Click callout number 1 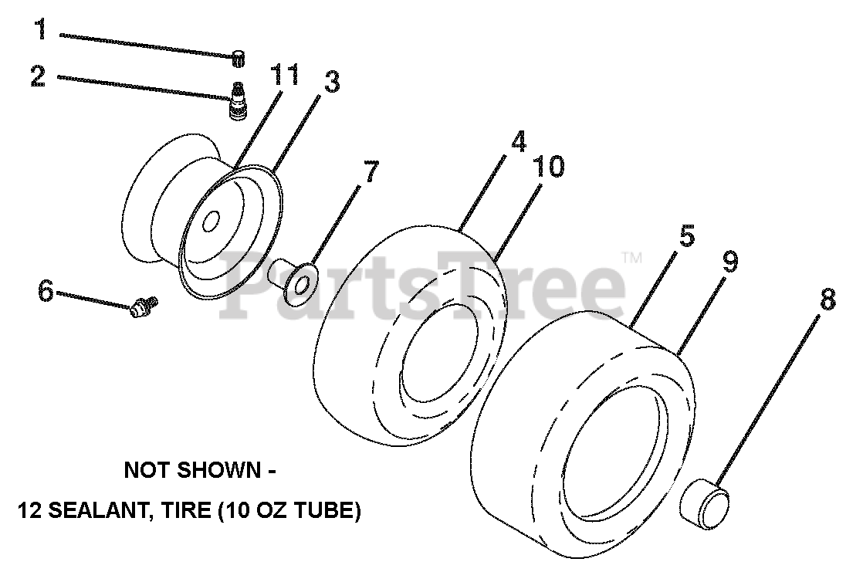click(x=41, y=31)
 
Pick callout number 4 click(x=518, y=142)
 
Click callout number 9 click(x=729, y=262)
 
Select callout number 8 click(x=827, y=300)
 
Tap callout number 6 click(x=46, y=291)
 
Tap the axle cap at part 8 click(x=706, y=503)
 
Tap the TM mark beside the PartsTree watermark click(x=631, y=258)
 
